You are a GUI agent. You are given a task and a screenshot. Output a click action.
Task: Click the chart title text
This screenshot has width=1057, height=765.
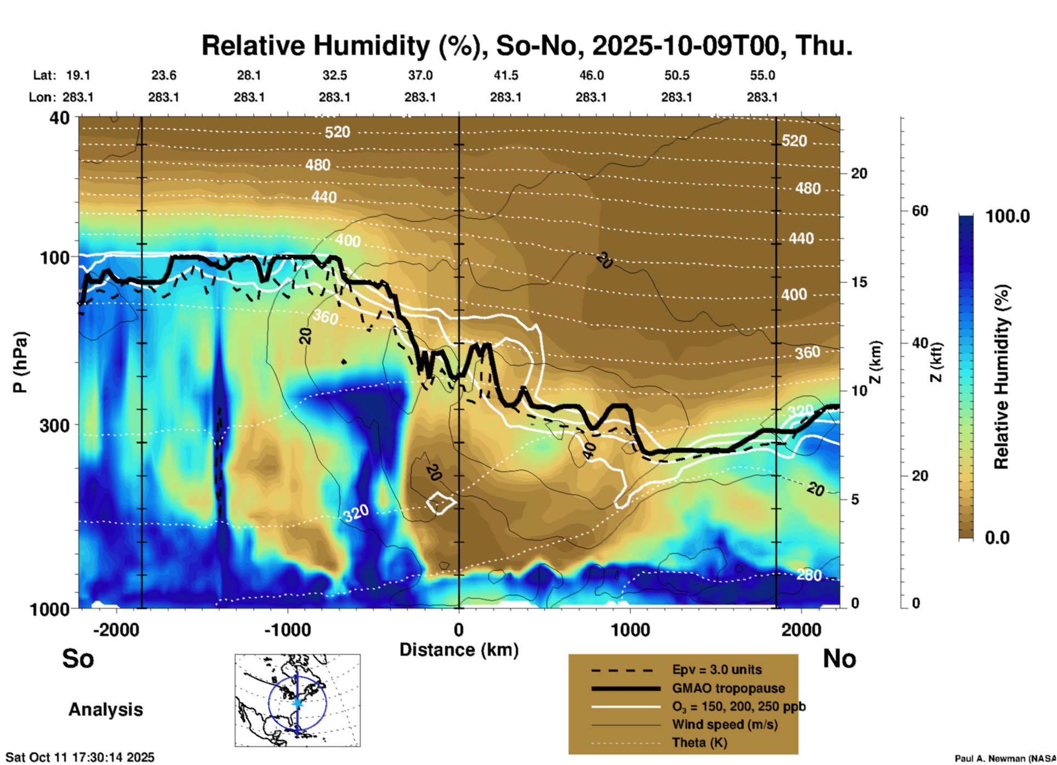[x=527, y=46]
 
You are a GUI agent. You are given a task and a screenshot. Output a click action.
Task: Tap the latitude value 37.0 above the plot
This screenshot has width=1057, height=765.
[x=420, y=75]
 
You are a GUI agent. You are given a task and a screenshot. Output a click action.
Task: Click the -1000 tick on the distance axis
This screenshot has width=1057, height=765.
[x=287, y=629]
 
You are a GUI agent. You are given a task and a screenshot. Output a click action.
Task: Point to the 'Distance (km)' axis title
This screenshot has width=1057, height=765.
[x=459, y=650]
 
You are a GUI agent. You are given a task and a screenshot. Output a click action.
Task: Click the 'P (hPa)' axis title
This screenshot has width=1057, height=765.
[x=20, y=362]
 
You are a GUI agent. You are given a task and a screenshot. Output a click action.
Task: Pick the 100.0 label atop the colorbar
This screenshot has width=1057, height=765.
[x=1008, y=216]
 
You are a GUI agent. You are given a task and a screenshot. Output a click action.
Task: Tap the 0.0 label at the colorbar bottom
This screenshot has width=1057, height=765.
[x=997, y=538]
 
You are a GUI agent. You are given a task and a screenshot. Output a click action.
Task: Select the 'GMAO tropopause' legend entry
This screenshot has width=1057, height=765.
[x=728, y=688]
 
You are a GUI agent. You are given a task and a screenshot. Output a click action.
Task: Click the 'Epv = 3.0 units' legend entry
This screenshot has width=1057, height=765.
[x=717, y=670]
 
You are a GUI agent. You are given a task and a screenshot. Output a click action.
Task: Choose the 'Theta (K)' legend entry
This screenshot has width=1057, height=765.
[x=699, y=743]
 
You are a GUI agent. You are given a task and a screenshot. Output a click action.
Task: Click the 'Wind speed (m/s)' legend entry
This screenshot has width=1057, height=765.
[x=724, y=724]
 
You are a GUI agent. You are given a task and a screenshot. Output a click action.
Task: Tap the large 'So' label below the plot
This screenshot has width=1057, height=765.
[x=78, y=659]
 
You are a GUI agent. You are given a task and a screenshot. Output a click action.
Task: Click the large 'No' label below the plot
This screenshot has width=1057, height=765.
[x=839, y=659]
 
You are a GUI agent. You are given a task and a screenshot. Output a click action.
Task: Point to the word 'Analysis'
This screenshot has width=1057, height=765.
[x=105, y=710]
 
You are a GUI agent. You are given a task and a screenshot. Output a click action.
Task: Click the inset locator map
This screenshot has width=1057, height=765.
[x=297, y=700]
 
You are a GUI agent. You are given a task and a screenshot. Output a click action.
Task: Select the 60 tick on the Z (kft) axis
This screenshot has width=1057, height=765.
[x=920, y=211]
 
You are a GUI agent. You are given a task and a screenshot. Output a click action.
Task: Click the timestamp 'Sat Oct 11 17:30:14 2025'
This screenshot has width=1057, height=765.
[x=80, y=757]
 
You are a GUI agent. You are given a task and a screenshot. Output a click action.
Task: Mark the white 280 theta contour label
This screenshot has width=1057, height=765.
[x=809, y=575]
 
